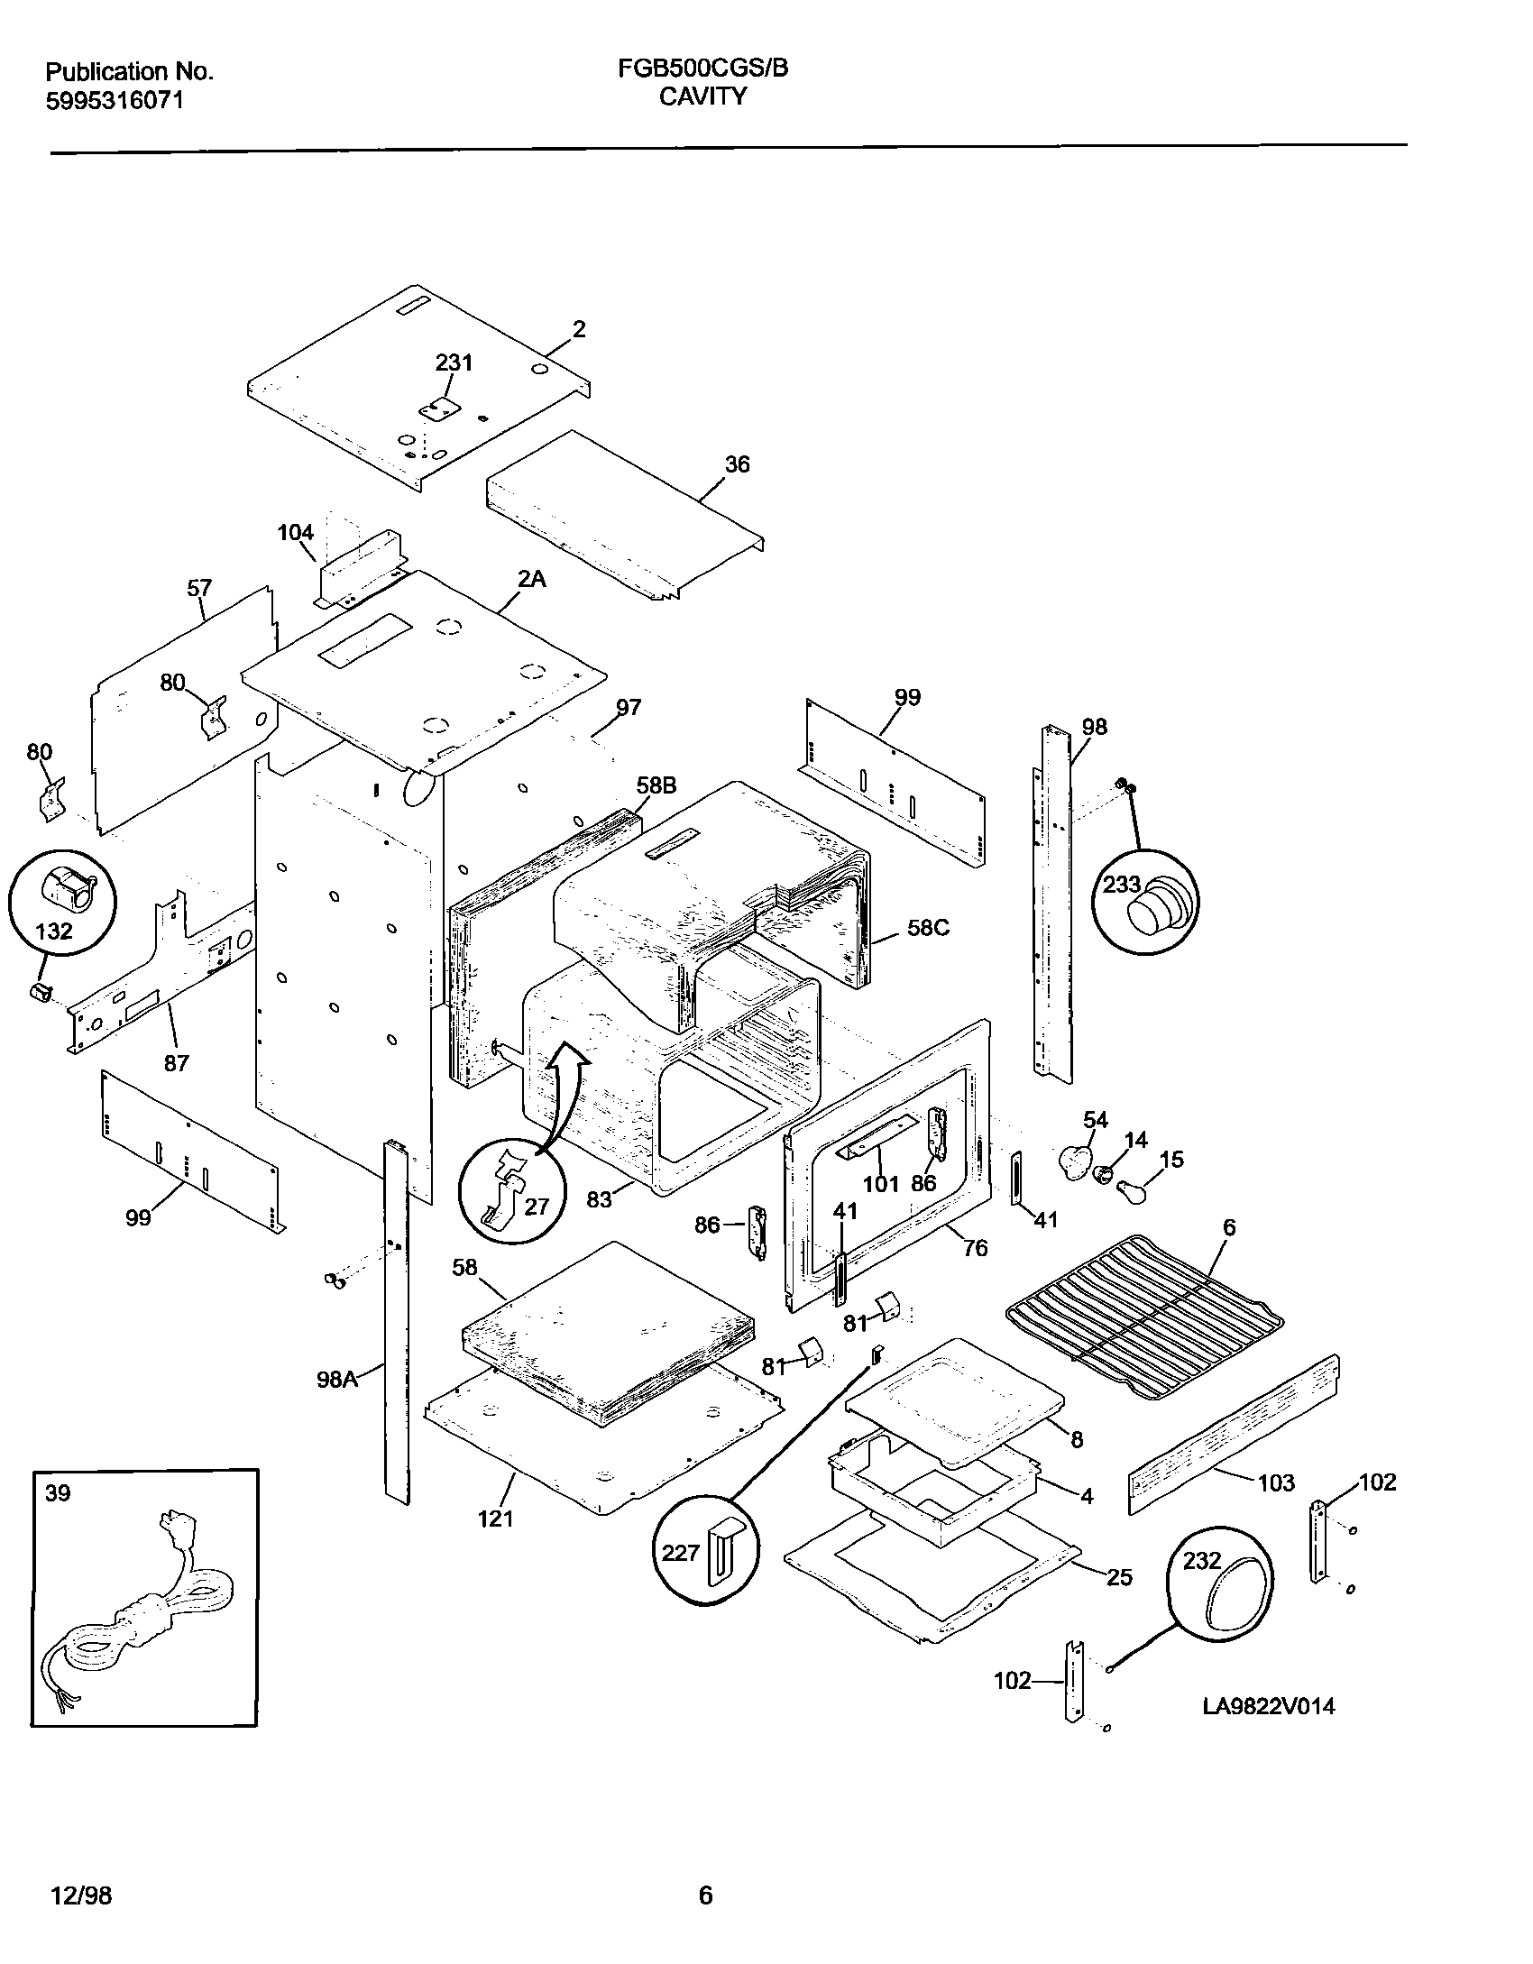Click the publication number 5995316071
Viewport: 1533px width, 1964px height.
point(115,100)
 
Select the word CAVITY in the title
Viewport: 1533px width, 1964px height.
point(702,96)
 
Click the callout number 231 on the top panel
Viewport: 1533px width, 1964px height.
point(454,363)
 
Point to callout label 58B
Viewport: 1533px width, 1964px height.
point(656,785)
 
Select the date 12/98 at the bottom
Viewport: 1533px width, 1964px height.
point(78,1895)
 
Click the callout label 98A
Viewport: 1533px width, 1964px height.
point(337,1379)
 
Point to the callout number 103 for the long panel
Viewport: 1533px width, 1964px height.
point(1275,1482)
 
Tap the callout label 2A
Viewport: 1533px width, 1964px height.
point(531,579)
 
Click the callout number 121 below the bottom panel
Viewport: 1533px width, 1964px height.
point(496,1519)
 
